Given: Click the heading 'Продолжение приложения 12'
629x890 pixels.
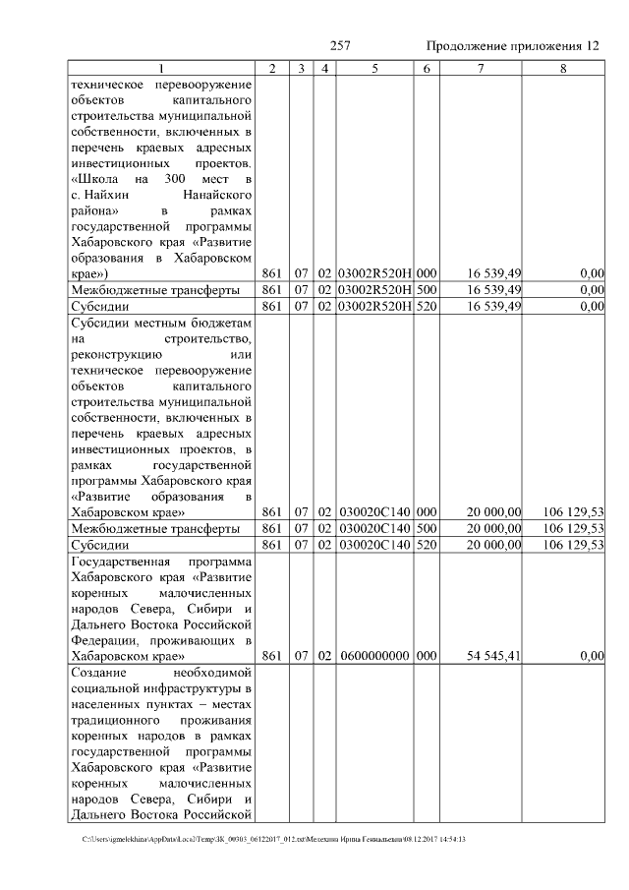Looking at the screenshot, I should pos(512,46).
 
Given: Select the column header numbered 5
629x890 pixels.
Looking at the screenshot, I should pos(374,69).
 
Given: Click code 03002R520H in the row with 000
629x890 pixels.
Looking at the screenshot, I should pos(374,273).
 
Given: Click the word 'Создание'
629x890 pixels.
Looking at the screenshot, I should pos(102,673).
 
